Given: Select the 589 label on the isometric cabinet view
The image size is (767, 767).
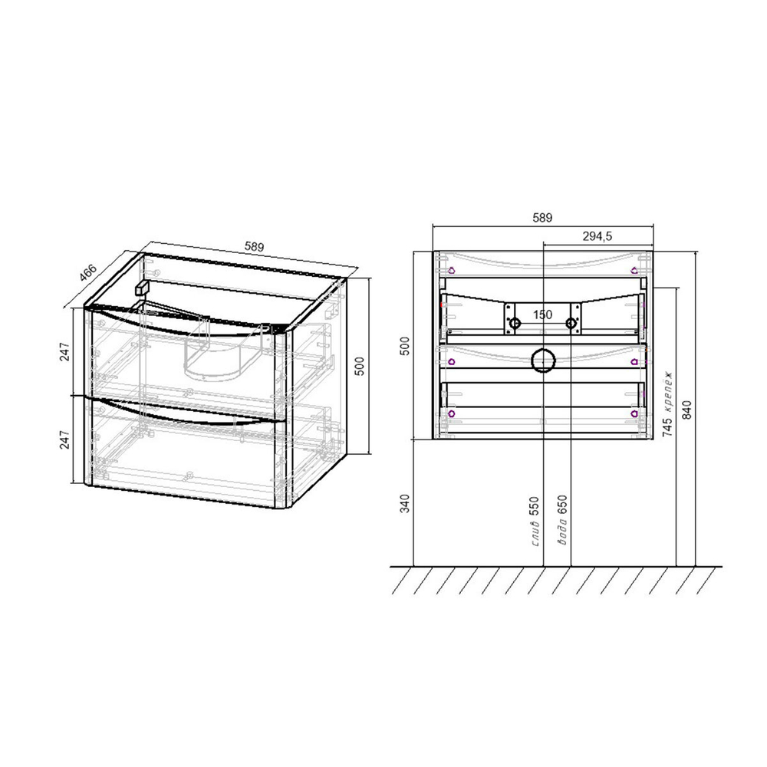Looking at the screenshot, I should (x=254, y=247).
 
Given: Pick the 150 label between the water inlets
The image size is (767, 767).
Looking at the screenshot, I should (x=542, y=314).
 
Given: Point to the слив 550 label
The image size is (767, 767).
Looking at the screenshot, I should (x=534, y=522).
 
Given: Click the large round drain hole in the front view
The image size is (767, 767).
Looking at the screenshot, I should (x=543, y=360).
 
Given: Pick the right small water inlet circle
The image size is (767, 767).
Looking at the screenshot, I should (x=571, y=324).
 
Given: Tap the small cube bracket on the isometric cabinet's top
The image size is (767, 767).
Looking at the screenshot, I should (x=140, y=288).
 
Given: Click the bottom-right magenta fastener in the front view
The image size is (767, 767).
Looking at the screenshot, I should (x=634, y=413).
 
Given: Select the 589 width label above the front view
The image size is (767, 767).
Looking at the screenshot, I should (x=542, y=218).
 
